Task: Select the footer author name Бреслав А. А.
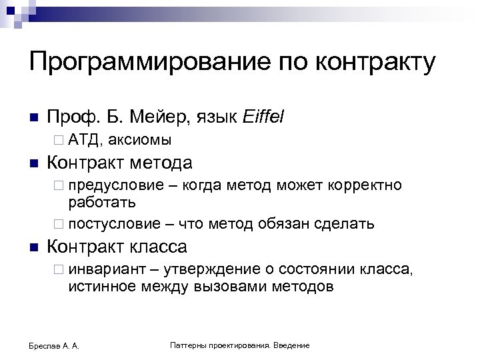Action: pyautogui.click(x=51, y=345)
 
